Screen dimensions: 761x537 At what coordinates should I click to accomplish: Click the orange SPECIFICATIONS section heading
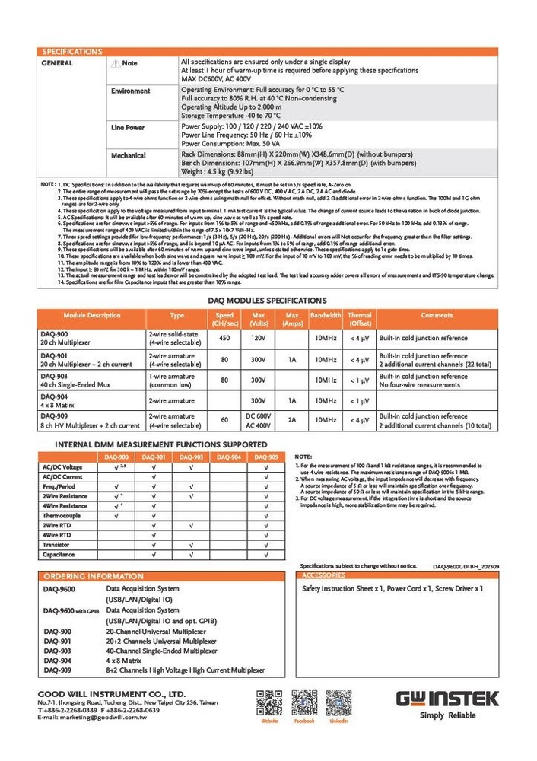pos(71,52)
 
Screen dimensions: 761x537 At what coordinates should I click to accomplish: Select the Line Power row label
pos(127,128)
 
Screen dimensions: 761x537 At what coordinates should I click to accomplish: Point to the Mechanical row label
pos(128,155)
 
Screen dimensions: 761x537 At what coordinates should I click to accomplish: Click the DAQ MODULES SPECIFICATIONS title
pos(267,301)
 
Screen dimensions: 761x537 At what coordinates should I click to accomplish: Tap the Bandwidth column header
pos(326,315)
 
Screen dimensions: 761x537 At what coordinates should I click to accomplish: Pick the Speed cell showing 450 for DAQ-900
pos(224,338)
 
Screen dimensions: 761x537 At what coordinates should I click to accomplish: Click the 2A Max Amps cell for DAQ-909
pos(291,419)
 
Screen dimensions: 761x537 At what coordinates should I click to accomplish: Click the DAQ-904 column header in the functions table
pos(230,457)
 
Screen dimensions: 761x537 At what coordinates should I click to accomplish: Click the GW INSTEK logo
pos(447,699)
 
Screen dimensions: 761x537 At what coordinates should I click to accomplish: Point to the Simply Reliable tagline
pos(447,715)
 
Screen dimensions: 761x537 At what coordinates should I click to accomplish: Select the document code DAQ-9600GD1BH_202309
pos(466,566)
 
